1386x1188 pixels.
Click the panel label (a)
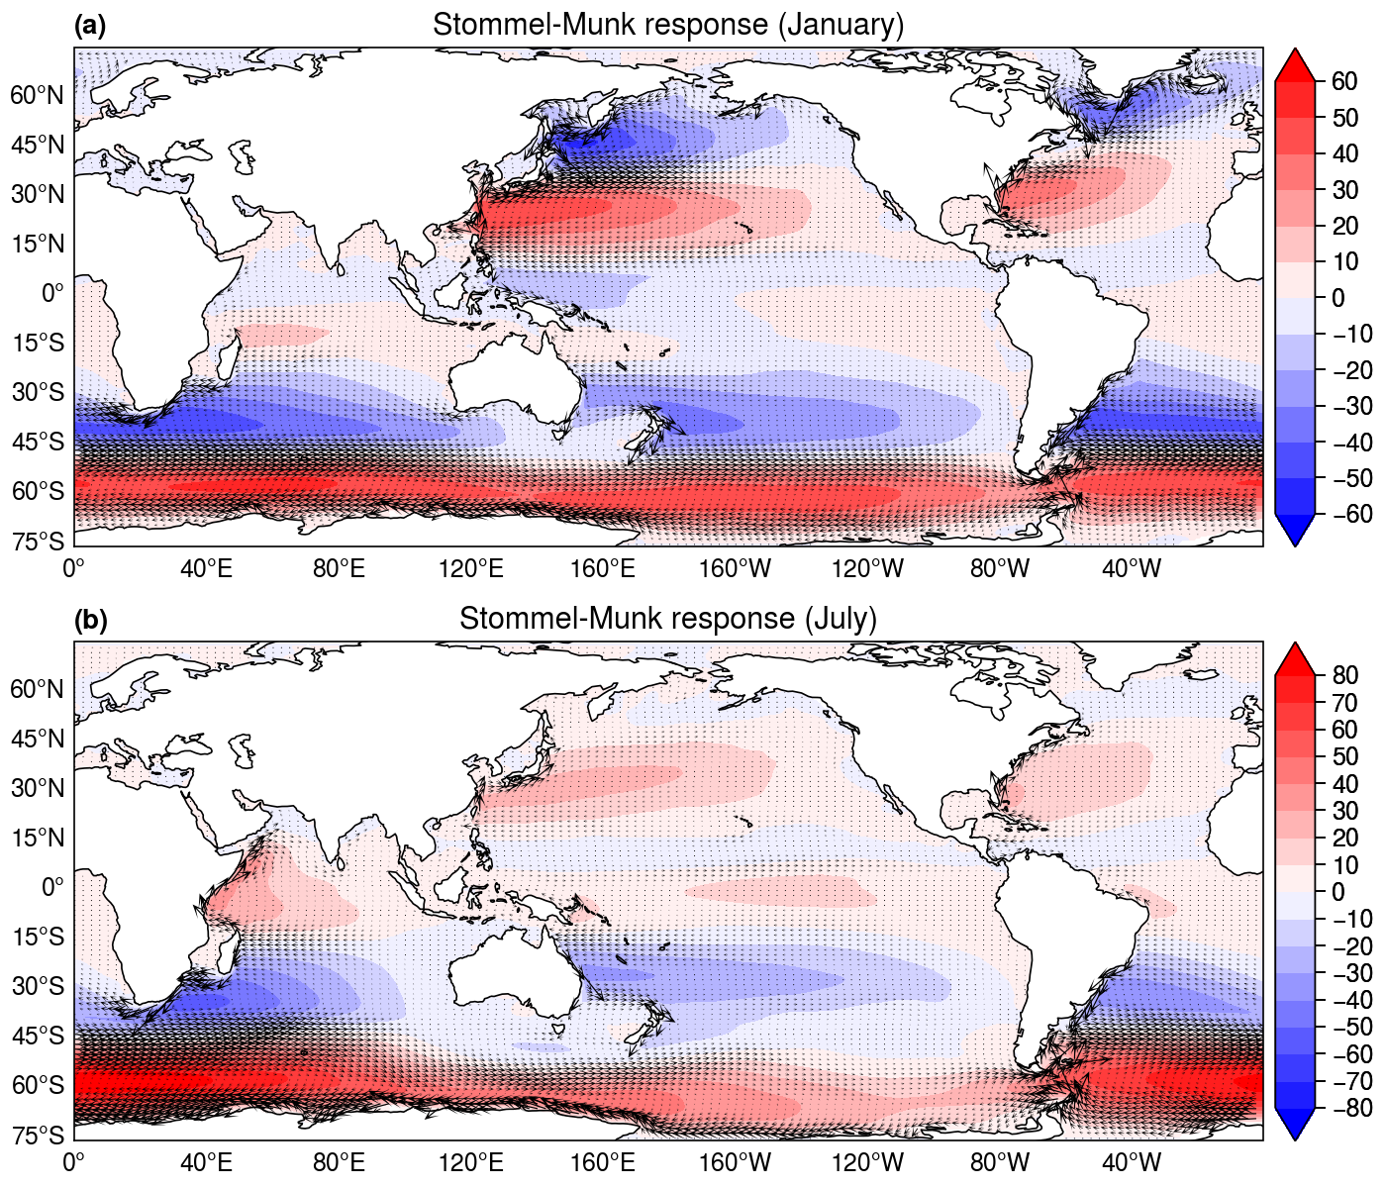pyautogui.click(x=90, y=26)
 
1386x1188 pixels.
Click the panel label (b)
pyautogui.click(x=90, y=620)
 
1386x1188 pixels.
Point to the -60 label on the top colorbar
pyautogui.click(x=1344, y=514)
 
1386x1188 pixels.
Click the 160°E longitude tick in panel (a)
pyautogui.click(x=603, y=569)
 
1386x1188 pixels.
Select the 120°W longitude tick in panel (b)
pyautogui.click(x=867, y=1163)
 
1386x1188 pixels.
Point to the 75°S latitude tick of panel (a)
pyautogui.click(x=39, y=541)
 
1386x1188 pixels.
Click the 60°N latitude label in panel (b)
pyautogui.click(x=37, y=689)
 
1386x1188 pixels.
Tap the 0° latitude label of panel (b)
pyautogui.click(x=53, y=887)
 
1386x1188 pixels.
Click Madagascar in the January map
pyautogui.click(x=229, y=357)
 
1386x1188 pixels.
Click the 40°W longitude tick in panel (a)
pyautogui.click(x=1133, y=569)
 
